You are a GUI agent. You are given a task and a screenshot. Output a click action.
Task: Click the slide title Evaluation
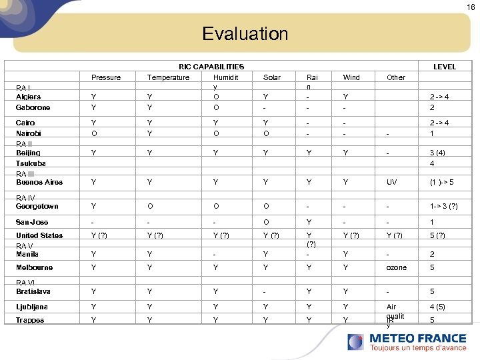[x=245, y=34]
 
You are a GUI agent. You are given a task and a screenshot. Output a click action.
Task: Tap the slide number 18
[x=471, y=7]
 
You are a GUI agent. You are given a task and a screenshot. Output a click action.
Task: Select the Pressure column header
[x=106, y=77]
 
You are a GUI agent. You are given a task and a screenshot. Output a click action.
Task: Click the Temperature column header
[x=168, y=77]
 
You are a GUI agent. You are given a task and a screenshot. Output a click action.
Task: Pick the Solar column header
[x=272, y=77]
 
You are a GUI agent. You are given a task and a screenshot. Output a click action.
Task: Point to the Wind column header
[x=351, y=77]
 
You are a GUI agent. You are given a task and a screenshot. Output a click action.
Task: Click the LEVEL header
[x=445, y=67]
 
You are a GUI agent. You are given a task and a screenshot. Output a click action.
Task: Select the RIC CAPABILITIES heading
[x=211, y=67]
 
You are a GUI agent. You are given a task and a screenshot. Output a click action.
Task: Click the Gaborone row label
[x=33, y=107]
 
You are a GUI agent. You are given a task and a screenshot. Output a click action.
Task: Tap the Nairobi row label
[x=29, y=133]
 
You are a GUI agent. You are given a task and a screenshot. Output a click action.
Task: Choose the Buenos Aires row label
[x=39, y=182]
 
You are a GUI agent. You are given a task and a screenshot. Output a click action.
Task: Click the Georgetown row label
[x=37, y=207]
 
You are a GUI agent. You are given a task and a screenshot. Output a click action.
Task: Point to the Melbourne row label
[x=34, y=267]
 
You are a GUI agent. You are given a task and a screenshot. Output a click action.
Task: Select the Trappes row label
[x=30, y=320]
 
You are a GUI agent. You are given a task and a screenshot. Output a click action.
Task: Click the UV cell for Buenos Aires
[x=391, y=182]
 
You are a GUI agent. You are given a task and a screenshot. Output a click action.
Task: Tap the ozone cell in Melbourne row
[x=396, y=267]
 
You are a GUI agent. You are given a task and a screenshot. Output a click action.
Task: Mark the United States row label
[x=39, y=235]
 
